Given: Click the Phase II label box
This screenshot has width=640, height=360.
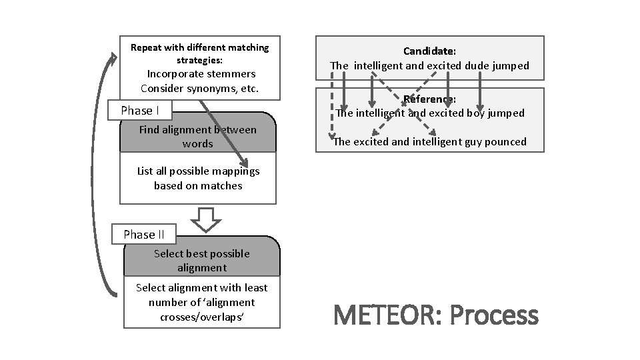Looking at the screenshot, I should click(x=143, y=234).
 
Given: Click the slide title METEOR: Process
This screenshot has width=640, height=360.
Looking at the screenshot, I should click(x=434, y=315).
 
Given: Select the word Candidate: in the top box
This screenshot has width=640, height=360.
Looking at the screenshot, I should click(x=429, y=51).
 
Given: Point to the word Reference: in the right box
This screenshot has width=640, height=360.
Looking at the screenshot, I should click(x=430, y=99).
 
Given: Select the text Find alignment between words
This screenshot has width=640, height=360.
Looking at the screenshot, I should click(x=197, y=137).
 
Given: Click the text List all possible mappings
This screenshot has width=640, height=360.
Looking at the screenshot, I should click(x=198, y=171).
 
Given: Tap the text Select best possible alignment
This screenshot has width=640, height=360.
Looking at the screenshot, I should click(x=201, y=260).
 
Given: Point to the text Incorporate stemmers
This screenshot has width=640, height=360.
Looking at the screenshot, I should click(x=201, y=73).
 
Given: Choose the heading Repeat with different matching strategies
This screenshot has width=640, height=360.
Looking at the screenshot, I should click(x=199, y=53).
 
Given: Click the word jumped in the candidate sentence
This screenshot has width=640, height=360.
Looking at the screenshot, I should click(x=509, y=65).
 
